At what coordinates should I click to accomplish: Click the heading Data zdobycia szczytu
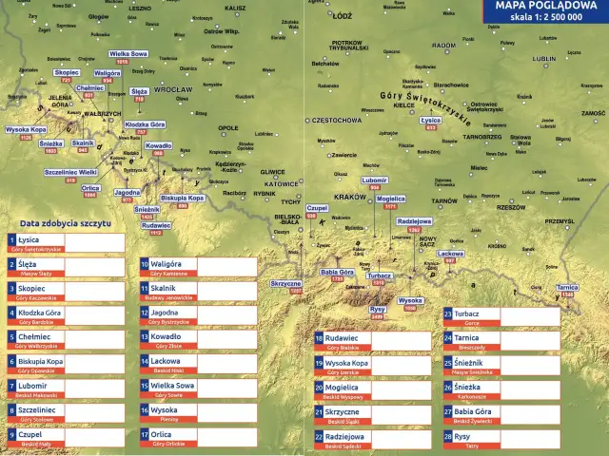(x=66, y=222)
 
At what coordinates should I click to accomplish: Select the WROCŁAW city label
(x=171, y=89)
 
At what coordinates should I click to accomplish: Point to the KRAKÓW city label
(x=351, y=197)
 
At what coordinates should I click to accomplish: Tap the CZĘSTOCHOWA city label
(x=337, y=121)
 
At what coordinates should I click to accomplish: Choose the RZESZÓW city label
(x=511, y=206)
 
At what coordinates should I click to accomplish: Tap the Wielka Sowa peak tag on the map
(x=128, y=54)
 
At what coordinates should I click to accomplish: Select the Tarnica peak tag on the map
(x=567, y=287)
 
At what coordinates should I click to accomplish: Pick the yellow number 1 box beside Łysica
(x=11, y=241)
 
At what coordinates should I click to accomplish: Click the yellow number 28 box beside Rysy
(x=447, y=436)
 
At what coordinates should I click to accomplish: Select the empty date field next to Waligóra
(x=226, y=266)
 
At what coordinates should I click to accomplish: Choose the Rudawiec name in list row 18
(x=342, y=337)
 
